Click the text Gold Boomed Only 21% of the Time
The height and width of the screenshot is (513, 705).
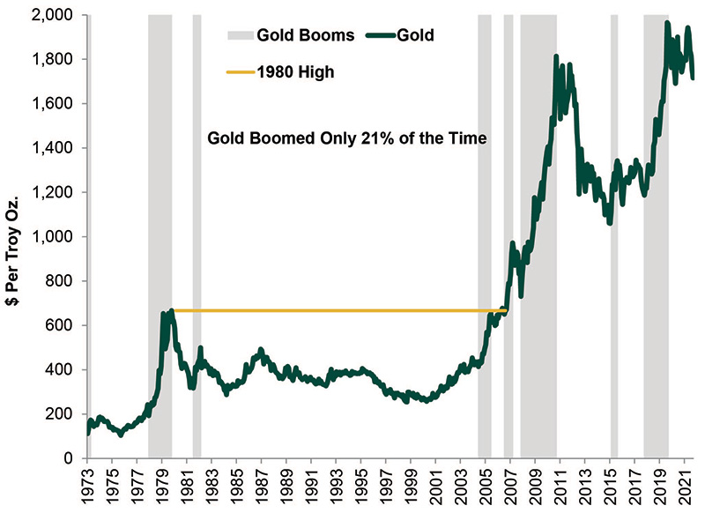coord(346,138)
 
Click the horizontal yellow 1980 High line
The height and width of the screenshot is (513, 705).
coord(335,310)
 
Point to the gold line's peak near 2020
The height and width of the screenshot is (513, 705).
coord(667,24)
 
